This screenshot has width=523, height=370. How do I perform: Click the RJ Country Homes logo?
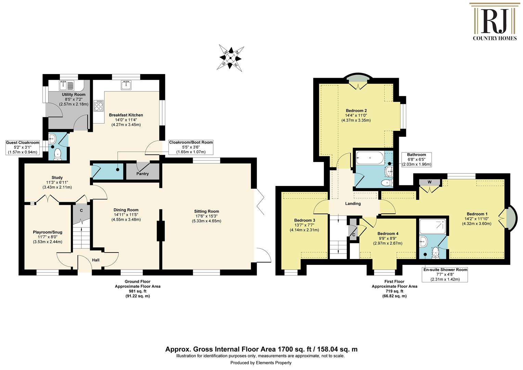click(x=495, y=22)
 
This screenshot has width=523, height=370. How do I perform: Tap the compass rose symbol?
click(x=230, y=58)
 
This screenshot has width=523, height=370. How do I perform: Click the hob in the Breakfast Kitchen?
click(x=99, y=106)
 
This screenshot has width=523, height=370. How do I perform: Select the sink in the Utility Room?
click(x=66, y=86)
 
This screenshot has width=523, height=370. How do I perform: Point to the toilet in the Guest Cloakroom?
click(x=58, y=155)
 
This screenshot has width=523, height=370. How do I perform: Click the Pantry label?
click(x=142, y=174)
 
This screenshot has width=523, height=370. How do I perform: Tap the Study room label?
click(x=57, y=178)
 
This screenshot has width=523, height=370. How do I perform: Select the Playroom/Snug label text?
click(x=48, y=232)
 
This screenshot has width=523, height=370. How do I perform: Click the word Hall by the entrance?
click(x=96, y=260)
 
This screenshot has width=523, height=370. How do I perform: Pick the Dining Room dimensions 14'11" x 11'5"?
click(x=126, y=214)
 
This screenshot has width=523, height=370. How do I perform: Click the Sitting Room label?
click(x=207, y=211)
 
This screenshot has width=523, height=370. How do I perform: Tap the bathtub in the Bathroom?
click(x=370, y=158)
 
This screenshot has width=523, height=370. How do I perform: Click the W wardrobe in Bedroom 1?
click(x=430, y=182)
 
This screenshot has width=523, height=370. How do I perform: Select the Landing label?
click(x=353, y=203)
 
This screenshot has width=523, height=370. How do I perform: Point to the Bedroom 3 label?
click(x=305, y=220)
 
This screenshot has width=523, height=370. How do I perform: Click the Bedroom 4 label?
click(x=388, y=234)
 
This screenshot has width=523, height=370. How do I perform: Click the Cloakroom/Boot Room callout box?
click(x=191, y=147)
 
